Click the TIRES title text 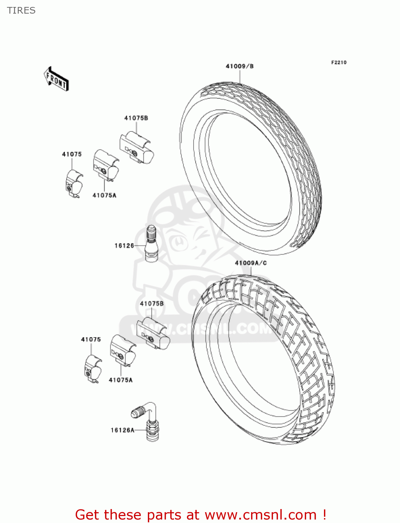(21, 10)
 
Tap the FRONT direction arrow (56, 79)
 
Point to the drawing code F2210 (339, 62)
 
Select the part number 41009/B (240, 66)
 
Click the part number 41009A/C (251, 263)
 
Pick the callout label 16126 (124, 245)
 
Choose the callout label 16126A (122, 430)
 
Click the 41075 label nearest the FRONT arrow (72, 154)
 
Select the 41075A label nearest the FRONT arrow (104, 195)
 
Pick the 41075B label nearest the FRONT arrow (136, 118)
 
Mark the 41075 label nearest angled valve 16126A (91, 339)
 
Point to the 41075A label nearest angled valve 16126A (121, 380)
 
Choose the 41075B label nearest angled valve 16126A (152, 304)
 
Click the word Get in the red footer (88, 515)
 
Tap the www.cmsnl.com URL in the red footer (261, 515)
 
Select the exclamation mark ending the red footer (324, 515)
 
